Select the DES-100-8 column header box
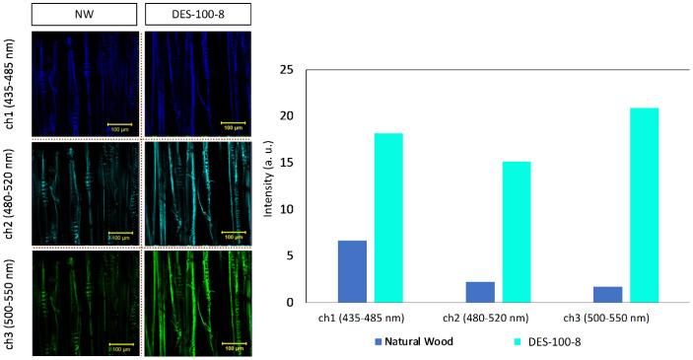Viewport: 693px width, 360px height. coord(198,15)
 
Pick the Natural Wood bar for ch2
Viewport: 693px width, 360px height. coord(480,292)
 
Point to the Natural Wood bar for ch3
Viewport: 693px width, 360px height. coord(608,294)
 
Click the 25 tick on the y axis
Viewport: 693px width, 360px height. coord(287,70)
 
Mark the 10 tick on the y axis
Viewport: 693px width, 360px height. coord(287,209)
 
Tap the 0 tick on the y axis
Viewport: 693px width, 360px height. coord(290,303)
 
